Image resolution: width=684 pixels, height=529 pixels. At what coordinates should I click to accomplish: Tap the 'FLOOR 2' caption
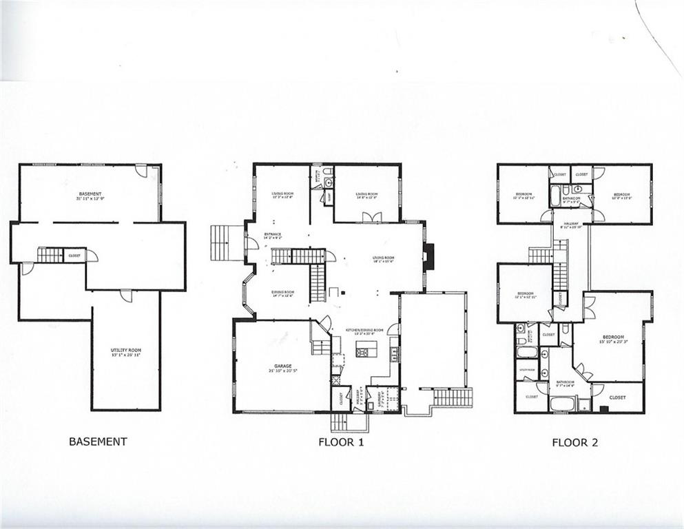pyautogui.click(x=574, y=442)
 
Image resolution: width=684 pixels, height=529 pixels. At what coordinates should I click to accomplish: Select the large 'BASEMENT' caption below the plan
pyautogui.click(x=98, y=442)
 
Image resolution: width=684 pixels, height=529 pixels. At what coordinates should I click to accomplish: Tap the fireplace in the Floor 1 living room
pyautogui.click(x=428, y=258)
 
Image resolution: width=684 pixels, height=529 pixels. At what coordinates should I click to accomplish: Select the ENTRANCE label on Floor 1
pyautogui.click(x=271, y=237)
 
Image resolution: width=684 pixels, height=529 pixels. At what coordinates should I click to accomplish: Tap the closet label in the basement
pyautogui.click(x=74, y=256)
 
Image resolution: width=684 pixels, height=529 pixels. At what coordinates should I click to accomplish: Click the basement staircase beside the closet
pyautogui.click(x=50, y=256)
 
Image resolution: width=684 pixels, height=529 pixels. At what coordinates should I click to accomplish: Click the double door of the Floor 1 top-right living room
pyautogui.click(x=371, y=217)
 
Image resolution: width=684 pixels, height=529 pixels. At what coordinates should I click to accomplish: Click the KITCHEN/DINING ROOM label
pyautogui.click(x=364, y=331)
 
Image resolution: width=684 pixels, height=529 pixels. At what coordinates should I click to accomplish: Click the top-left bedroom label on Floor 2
pyautogui.click(x=524, y=196)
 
